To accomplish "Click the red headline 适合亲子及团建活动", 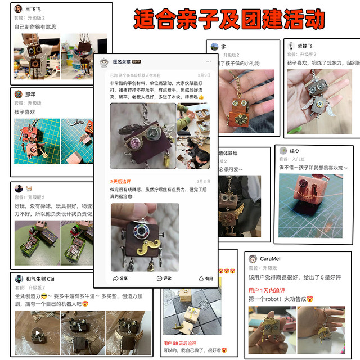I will (229, 19).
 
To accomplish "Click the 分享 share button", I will (120, 278).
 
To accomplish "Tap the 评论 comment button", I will (164, 278).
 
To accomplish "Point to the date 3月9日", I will (204, 75).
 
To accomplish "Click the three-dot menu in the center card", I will (208, 62).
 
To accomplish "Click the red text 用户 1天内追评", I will (267, 290).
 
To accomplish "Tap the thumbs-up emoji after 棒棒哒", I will (201, 97).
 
